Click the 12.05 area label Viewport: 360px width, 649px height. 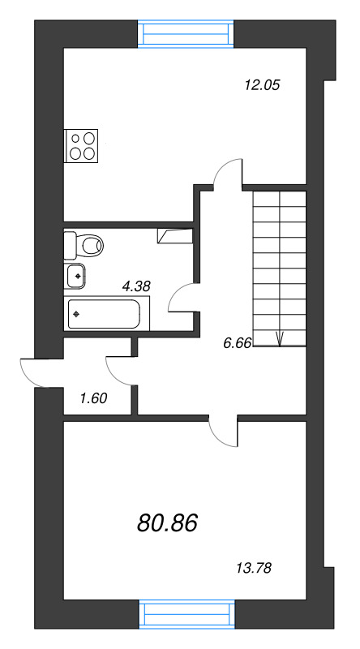[263, 85]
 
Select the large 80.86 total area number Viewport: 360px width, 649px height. [168, 522]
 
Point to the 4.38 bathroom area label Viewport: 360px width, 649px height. [136, 286]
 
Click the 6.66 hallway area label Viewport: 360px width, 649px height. [237, 342]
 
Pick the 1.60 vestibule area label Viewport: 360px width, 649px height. [93, 398]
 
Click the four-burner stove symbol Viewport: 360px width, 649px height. [81, 146]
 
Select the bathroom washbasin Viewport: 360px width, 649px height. [75, 275]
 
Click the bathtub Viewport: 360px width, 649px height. [106, 314]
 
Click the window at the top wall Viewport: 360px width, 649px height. [186, 33]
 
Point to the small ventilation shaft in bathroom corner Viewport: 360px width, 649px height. [174, 235]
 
